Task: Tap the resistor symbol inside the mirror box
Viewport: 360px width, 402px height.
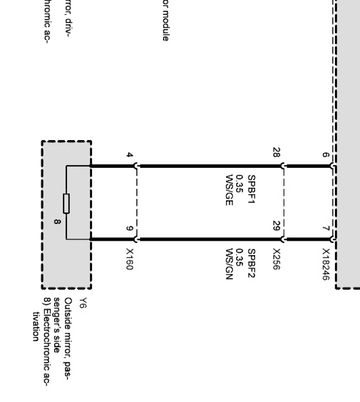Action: click(x=66, y=204)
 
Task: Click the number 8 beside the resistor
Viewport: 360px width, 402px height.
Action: click(x=57, y=222)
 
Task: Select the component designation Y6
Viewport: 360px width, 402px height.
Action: click(x=82, y=302)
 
